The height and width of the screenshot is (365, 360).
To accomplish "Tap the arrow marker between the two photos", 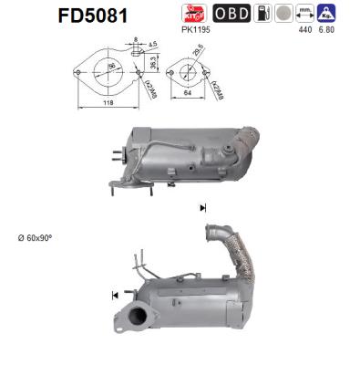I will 201,208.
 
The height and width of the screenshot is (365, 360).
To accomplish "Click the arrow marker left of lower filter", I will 115,295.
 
